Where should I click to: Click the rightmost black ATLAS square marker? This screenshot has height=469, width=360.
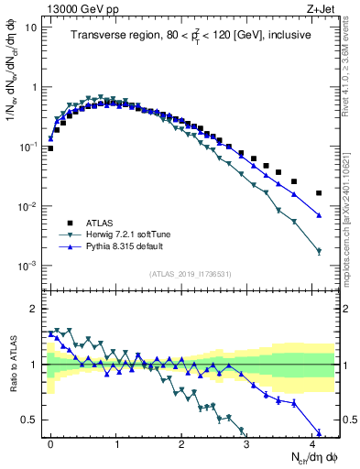pyautogui.click(x=319, y=193)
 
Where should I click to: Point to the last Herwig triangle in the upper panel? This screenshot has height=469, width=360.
pyautogui.click(x=319, y=251)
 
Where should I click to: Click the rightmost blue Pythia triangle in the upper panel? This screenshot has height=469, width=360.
pyautogui.click(x=319, y=215)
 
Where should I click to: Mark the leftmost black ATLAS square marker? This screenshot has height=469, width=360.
pyautogui.click(x=50, y=147)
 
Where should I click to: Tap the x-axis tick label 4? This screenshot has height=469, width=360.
pyautogui.click(x=313, y=442)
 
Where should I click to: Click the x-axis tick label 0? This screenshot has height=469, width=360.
pyautogui.click(x=50, y=442)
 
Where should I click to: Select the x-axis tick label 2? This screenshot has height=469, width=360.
pyautogui.click(x=182, y=442)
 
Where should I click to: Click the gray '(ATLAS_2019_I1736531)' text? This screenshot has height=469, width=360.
pyautogui.click(x=191, y=274)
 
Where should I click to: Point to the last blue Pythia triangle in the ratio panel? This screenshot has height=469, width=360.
pyautogui.click(x=319, y=433)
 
